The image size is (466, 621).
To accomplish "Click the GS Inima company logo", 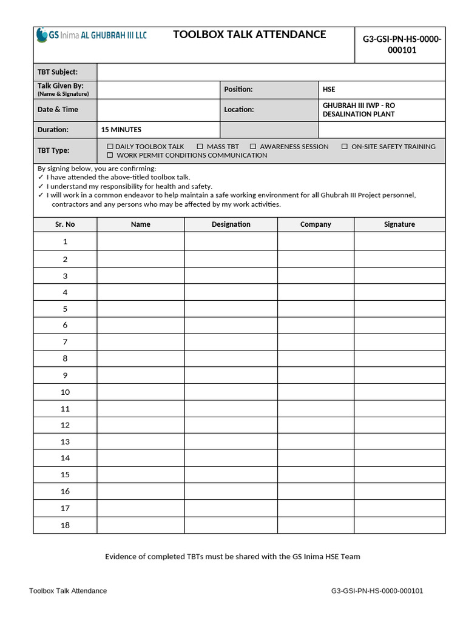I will (91, 35).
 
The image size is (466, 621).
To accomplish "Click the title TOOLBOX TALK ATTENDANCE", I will (249, 35).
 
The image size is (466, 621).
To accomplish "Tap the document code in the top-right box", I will (401, 45).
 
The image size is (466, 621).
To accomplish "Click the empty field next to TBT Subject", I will (270, 72).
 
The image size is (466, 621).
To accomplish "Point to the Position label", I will (238, 89).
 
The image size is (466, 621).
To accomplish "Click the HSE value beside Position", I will (329, 89).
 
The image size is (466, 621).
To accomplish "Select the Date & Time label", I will (58, 109).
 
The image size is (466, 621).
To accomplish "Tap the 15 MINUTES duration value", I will (121, 130).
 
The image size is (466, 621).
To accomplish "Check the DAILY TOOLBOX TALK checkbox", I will (110, 147).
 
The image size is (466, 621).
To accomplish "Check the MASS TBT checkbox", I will (200, 147).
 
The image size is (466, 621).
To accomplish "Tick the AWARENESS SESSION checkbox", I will (254, 147).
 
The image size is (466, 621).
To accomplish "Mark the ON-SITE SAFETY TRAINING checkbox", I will (345, 147).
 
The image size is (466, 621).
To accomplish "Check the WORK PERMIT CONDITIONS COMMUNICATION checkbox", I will (110, 155).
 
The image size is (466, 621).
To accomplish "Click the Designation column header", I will (231, 224).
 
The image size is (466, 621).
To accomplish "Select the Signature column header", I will (399, 224).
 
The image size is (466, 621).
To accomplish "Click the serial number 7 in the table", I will (65, 342).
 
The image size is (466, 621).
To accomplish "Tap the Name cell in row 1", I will (140, 241).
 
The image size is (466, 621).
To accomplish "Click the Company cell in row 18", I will (316, 525).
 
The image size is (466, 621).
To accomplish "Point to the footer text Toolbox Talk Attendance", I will (68, 591).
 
